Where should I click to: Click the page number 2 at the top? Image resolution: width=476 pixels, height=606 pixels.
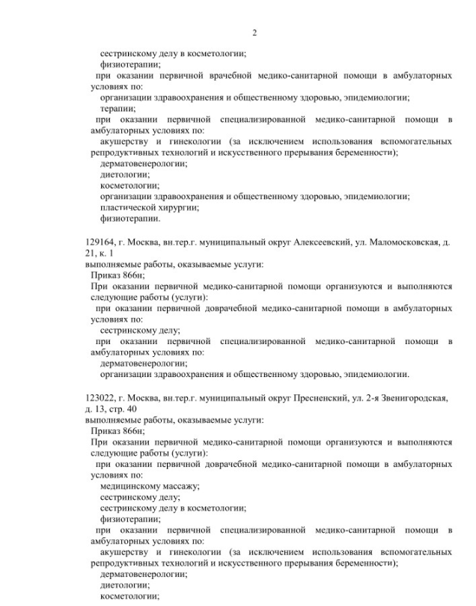pyautogui.click(x=254, y=32)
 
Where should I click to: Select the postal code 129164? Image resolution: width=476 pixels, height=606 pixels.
pyautogui.click(x=101, y=243)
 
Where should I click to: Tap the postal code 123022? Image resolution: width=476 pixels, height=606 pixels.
pyautogui.click(x=101, y=398)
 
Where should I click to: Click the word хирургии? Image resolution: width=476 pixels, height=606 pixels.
pyautogui.click(x=178, y=207)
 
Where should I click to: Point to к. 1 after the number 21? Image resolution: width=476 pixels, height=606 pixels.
pyautogui.click(x=106, y=254)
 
